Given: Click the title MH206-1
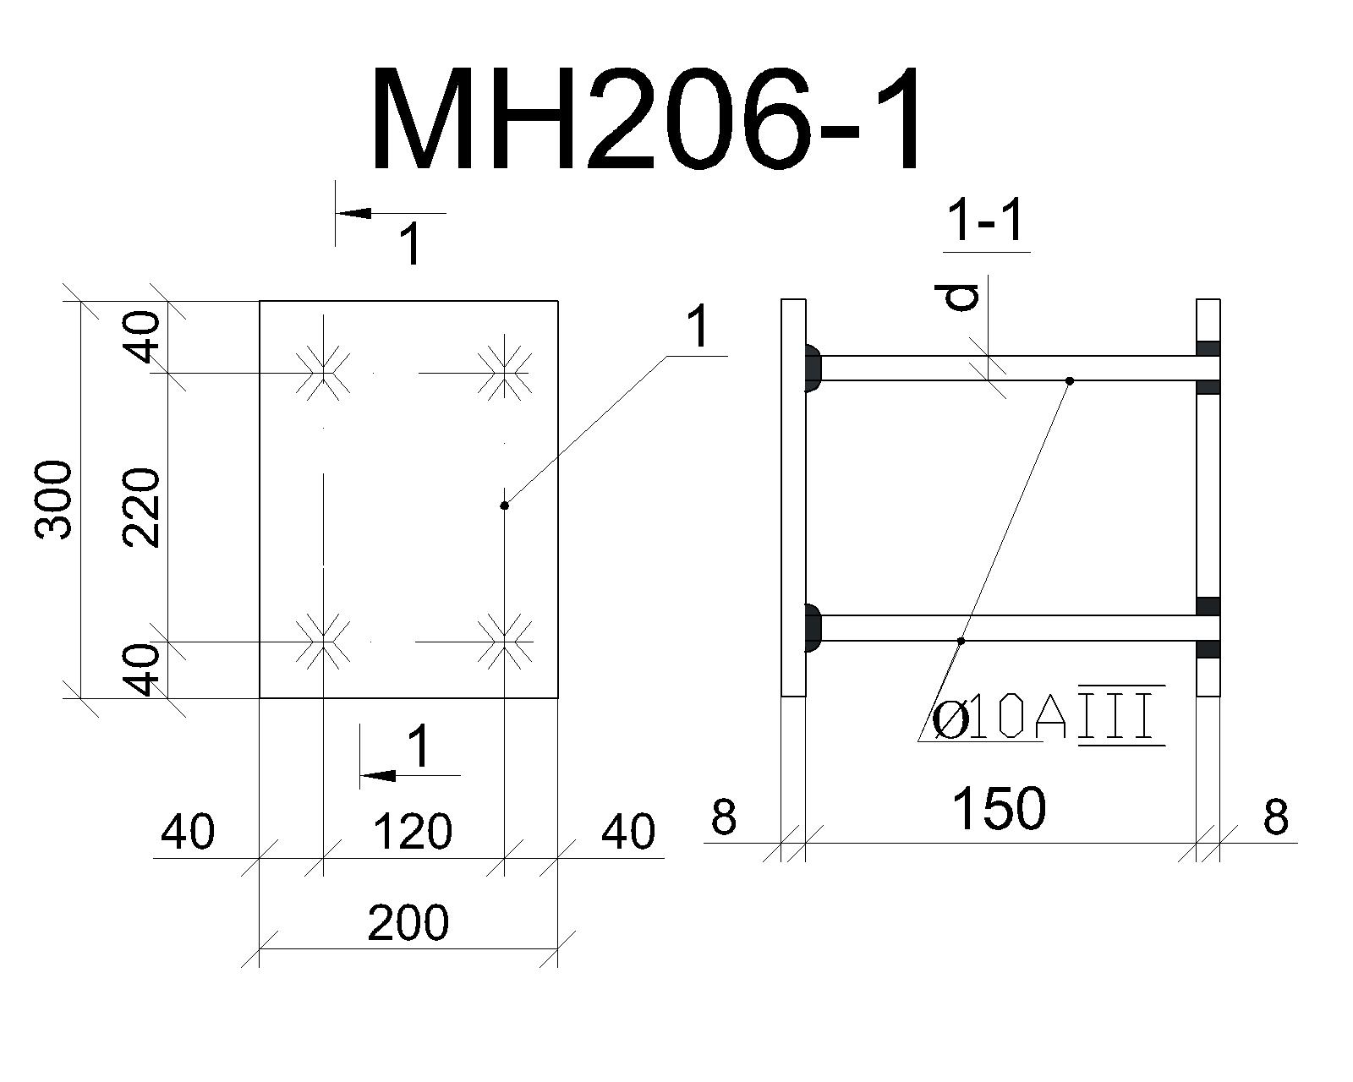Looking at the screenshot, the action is (x=647, y=119).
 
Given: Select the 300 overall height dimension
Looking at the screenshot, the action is (x=52, y=500).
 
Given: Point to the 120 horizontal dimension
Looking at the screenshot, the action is (x=413, y=832).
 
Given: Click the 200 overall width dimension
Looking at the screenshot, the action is (x=408, y=922).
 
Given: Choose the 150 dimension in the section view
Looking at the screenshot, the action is (x=999, y=808).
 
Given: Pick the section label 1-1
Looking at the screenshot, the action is (x=987, y=221).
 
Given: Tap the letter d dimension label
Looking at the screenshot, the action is (x=962, y=298).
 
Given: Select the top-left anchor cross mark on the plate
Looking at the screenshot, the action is (x=323, y=373).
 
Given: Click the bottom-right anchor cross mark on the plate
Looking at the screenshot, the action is (x=504, y=642).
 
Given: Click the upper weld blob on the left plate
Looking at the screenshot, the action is (x=813, y=368).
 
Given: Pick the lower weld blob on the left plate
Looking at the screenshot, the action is (x=813, y=627).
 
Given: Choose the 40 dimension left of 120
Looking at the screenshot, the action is (x=188, y=832).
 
